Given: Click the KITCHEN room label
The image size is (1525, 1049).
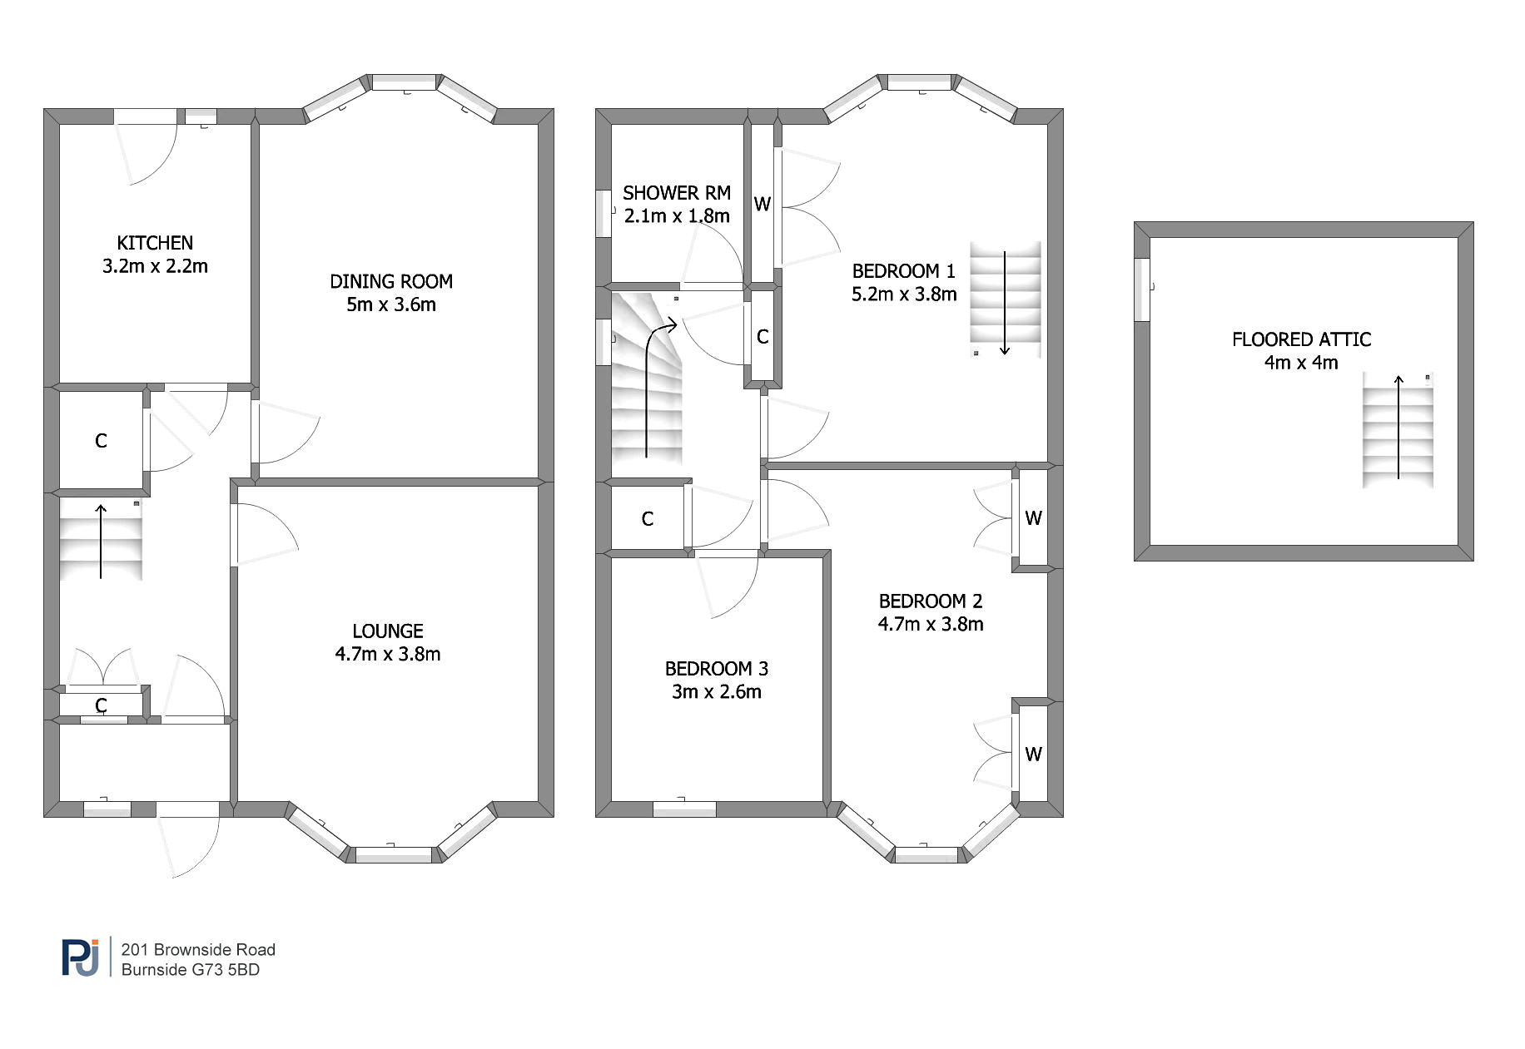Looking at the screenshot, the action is click(x=155, y=243).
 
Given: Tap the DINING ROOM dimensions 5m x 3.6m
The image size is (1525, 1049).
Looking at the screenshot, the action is click(x=391, y=304).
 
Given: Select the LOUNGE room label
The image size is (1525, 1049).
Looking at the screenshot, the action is click(x=388, y=631).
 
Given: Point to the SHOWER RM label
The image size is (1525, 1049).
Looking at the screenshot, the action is click(x=677, y=193).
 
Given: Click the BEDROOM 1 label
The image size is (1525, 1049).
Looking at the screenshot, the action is click(x=904, y=271).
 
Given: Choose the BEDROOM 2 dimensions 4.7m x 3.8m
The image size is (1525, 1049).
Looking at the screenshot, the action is click(x=931, y=624).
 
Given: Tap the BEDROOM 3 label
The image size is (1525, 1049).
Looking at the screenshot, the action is click(x=717, y=669).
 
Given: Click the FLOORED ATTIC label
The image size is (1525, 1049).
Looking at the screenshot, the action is click(x=1302, y=339).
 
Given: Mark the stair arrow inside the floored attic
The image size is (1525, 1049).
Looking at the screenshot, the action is click(x=1398, y=428).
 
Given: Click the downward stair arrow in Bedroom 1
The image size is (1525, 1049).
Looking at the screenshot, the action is click(x=1005, y=303).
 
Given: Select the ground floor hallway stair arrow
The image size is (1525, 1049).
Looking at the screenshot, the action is click(x=101, y=541).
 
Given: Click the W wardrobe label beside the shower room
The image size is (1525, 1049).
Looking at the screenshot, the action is click(x=762, y=204).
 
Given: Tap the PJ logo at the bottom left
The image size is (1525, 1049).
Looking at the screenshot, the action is click(x=81, y=957).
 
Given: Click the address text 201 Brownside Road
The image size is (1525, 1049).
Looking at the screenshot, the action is click(x=198, y=950).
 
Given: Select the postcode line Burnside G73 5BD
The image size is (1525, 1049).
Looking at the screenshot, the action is click(x=191, y=970).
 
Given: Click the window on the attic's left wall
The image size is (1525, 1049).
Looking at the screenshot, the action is click(x=1142, y=289).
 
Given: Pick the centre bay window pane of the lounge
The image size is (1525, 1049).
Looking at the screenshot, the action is click(x=394, y=855).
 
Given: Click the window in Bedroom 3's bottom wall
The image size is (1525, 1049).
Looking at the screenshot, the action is click(x=684, y=809).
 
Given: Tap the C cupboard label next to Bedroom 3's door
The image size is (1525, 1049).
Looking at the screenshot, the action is click(x=648, y=519).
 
